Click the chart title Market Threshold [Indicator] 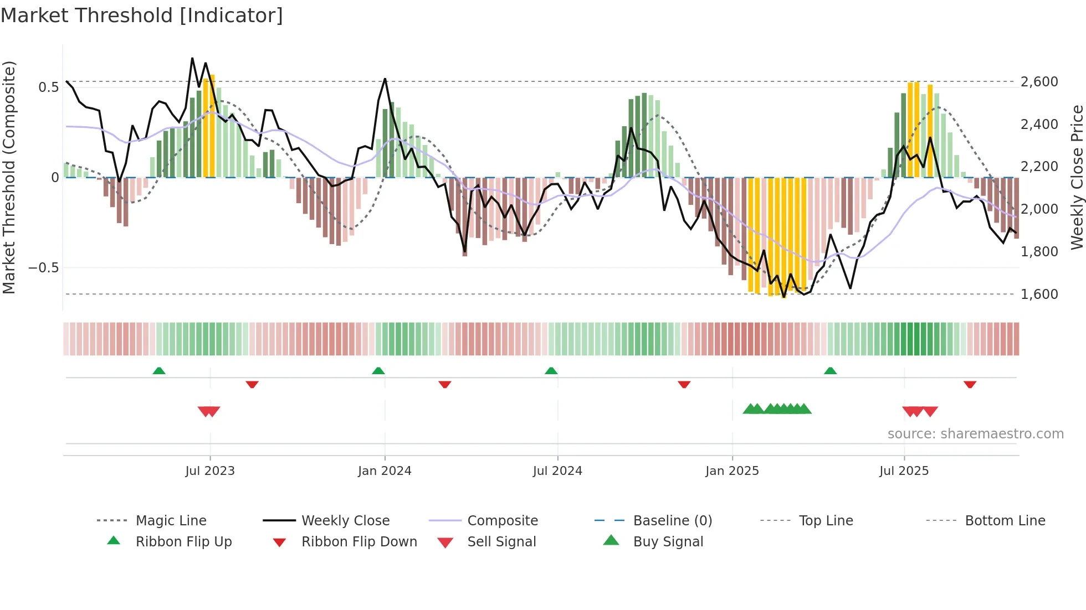coord(142,15)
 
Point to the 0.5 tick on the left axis coord(48,87)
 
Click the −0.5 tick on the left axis coord(44,268)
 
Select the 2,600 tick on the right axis coord(1039,82)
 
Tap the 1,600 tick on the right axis coord(1039,294)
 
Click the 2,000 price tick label coord(1039,209)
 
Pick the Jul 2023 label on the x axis coord(210,471)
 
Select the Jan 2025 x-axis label coord(732,471)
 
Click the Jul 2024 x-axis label coord(557,471)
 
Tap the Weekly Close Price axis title coord(1077,177)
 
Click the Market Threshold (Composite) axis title coord(9,177)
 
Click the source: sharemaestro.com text coord(975,434)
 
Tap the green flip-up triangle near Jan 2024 coord(378,371)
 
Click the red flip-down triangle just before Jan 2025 coord(684,384)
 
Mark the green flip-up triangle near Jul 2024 coord(551,371)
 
